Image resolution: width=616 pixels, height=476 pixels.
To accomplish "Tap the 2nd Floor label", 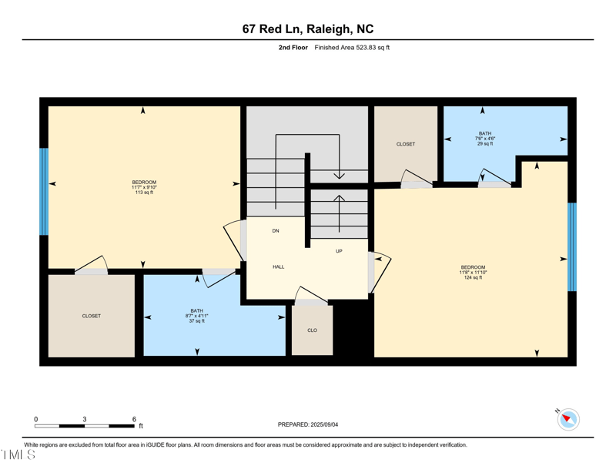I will click(x=293, y=48).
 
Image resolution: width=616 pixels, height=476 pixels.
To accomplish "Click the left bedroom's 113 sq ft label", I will click(x=144, y=193).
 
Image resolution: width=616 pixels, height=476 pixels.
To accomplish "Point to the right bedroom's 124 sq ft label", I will click(x=473, y=277).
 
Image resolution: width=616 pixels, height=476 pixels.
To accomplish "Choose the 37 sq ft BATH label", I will click(x=197, y=320).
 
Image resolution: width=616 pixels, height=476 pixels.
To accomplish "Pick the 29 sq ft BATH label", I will click(x=485, y=144).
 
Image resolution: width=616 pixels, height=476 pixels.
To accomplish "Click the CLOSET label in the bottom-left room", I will click(x=92, y=316).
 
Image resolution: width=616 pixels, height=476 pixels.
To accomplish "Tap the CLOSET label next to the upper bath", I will click(x=406, y=144).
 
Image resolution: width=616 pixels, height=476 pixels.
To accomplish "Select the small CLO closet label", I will click(x=312, y=330).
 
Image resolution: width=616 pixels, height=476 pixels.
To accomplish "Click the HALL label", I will click(x=279, y=266).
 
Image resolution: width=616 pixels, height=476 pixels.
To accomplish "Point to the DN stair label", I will click(x=276, y=231).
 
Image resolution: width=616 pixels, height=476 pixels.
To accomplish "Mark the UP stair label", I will click(x=339, y=251).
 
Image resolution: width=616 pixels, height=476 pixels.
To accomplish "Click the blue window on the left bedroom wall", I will click(x=44, y=192).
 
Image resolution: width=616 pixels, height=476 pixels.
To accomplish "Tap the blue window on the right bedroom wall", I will click(x=571, y=246).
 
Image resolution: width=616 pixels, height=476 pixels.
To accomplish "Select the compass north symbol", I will click(x=568, y=419).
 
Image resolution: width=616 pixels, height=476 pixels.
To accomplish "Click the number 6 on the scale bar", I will click(x=134, y=419).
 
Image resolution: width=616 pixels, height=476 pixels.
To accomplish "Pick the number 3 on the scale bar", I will click(x=85, y=419).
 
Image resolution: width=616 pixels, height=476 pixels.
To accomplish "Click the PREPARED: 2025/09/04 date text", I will click(x=308, y=424).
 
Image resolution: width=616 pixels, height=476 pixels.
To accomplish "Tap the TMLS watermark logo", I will click(x=18, y=454).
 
